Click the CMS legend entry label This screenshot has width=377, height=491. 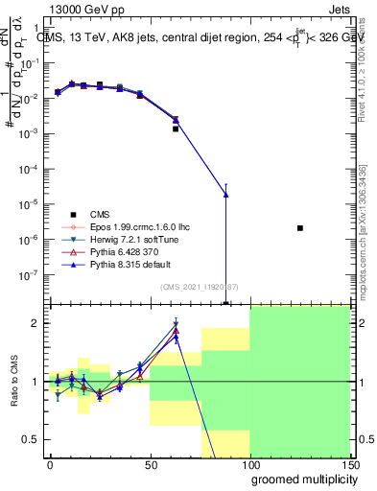tap(101, 214)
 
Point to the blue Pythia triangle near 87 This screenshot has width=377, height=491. tap(225, 195)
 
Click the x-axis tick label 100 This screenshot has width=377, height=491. tap(249, 465)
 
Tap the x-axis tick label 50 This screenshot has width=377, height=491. tap(150, 465)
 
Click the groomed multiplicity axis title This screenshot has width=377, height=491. tap(299, 479)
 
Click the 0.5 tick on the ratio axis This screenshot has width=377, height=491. tap(34, 439)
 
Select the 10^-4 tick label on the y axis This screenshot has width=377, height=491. tap(32, 169)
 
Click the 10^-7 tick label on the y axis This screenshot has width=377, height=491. tap(32, 274)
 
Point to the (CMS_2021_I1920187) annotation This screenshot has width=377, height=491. tap(200, 285)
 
